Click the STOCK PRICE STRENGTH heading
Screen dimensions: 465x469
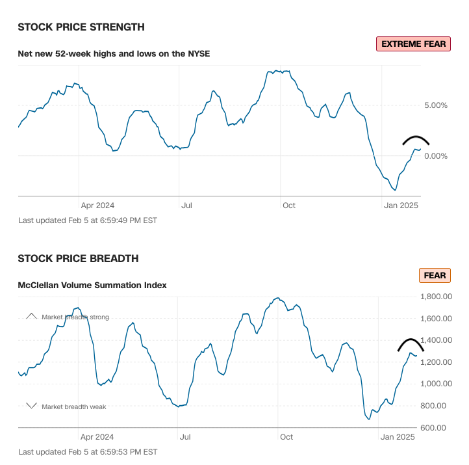coord(81,27)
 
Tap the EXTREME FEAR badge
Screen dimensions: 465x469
coord(413,44)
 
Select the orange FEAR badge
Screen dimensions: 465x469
coord(435,276)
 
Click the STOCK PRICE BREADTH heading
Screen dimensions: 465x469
coord(78,259)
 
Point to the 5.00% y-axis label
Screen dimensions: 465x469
coord(435,105)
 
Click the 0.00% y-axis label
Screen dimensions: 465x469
coord(435,156)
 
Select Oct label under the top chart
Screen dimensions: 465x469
coord(288,206)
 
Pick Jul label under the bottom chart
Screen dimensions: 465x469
coord(186,437)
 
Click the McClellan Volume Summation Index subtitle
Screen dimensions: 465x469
coord(92,285)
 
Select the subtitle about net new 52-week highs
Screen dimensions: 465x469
coord(114,53)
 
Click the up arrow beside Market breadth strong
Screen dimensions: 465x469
coord(31,317)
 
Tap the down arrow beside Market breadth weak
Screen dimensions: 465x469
coord(31,406)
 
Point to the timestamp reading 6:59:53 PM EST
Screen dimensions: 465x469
coord(88,451)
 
